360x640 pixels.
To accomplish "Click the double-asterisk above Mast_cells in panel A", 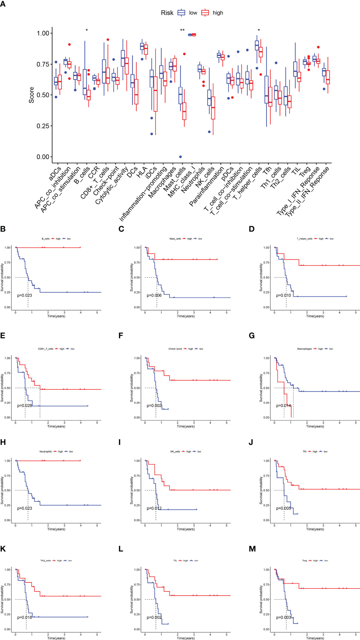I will [182, 30].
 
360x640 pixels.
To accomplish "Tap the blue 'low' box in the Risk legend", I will [181, 13].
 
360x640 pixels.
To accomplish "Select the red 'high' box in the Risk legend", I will [205, 13].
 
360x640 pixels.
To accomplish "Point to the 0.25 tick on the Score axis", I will [43, 126].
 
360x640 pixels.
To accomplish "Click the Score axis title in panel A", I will [32, 95].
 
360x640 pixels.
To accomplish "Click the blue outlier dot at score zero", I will [180, 157].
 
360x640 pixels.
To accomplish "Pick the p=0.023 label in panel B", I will [25, 295].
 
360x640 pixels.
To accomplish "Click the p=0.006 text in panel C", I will [154, 295].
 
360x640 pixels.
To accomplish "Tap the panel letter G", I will [252, 336].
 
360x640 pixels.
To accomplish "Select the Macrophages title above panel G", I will [304, 349].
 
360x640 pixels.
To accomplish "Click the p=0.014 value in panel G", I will [283, 405].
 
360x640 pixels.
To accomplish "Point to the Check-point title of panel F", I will [175, 349].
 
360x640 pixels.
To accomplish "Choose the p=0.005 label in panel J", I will [283, 508].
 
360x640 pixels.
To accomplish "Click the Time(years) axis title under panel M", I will [315, 638].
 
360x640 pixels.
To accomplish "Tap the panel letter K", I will [3, 549].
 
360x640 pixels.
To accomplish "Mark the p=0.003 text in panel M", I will [283, 617].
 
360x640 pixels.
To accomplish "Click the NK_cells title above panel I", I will [175, 452].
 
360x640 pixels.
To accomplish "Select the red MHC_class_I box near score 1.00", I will [194, 35].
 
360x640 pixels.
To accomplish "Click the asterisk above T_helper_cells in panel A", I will [259, 30].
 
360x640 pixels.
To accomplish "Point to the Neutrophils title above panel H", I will [46, 452].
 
